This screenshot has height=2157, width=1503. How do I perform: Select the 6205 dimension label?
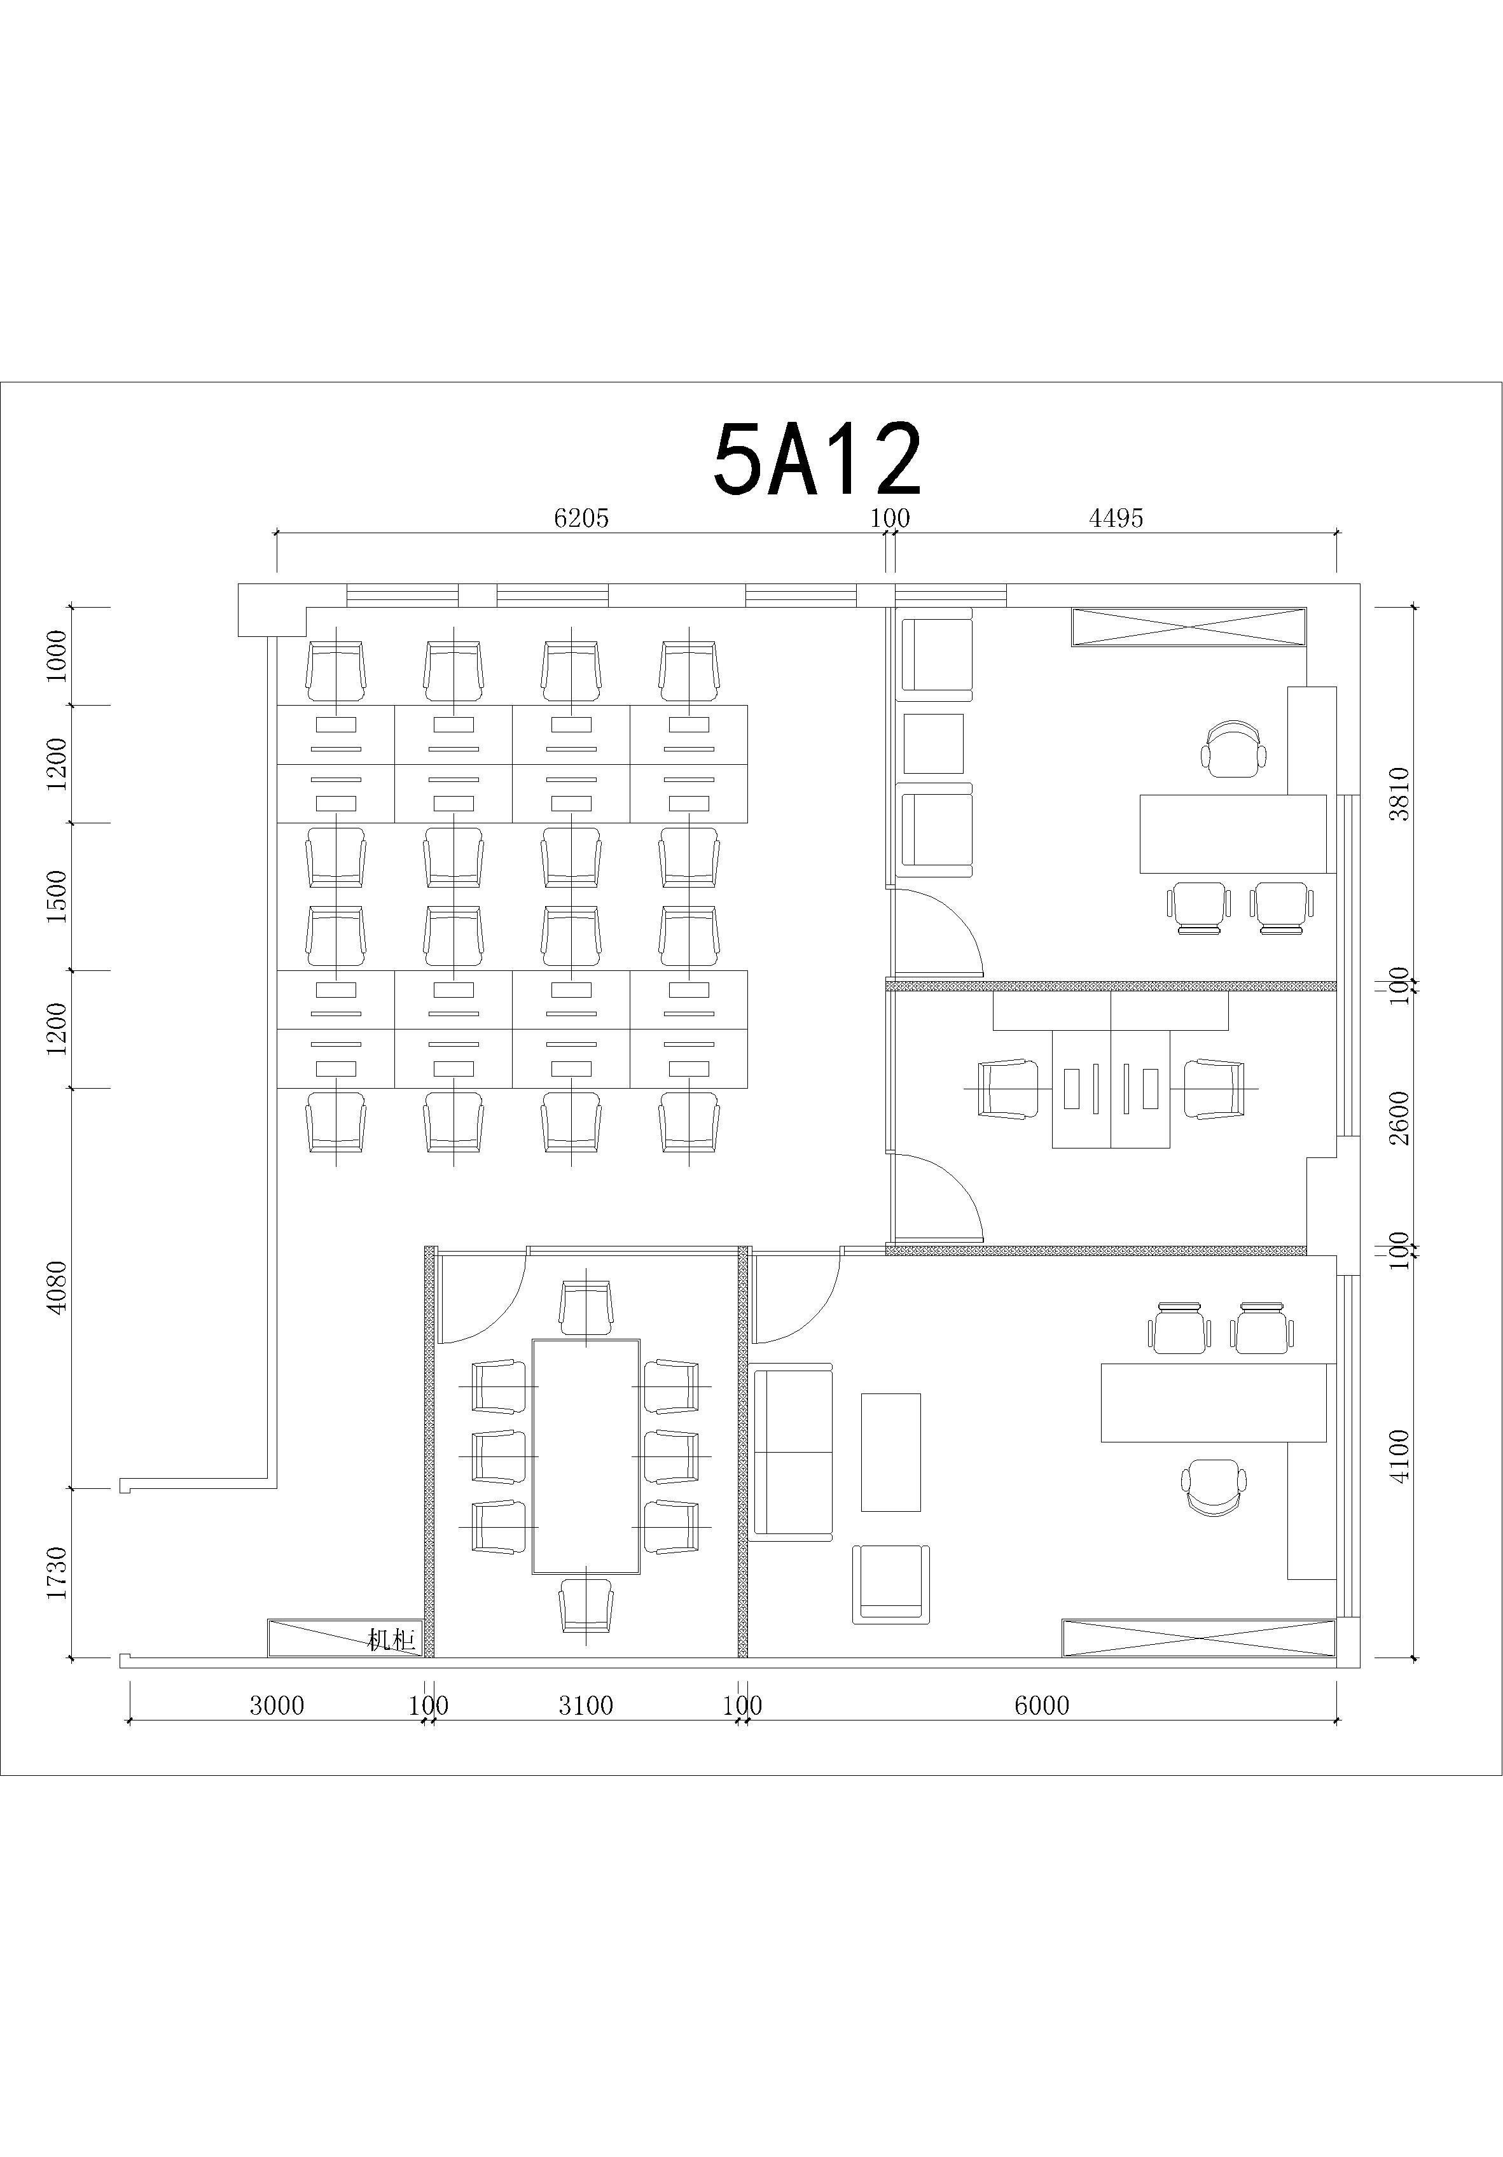(581, 518)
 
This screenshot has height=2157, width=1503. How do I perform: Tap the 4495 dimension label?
(1116, 518)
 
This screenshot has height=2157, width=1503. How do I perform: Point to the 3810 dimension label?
(1400, 794)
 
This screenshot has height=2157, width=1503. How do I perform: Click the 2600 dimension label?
(1400, 1118)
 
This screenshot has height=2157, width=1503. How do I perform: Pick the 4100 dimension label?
(1400, 1456)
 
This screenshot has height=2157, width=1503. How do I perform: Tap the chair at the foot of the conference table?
(586, 1605)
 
